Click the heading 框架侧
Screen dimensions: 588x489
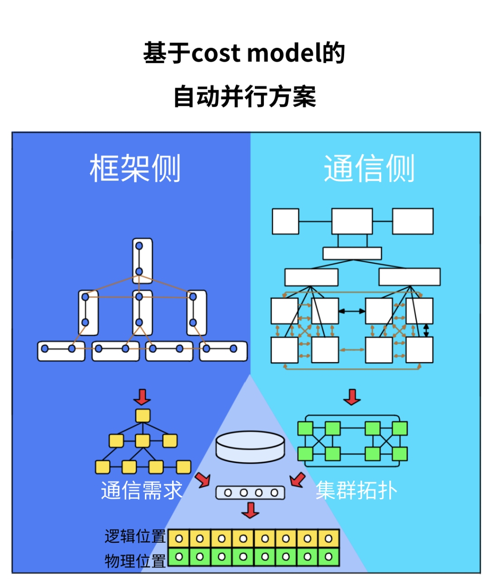tap(135, 168)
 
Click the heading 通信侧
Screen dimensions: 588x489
tap(369, 168)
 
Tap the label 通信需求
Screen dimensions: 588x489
tap(141, 491)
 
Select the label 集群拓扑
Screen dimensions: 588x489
tap(356, 491)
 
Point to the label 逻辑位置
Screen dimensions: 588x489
tap(135, 536)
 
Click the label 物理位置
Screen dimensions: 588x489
tap(135, 561)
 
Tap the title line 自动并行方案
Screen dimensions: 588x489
tap(244, 96)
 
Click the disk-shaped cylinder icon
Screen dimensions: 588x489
tap(250, 446)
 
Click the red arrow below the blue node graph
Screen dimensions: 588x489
tap(142, 397)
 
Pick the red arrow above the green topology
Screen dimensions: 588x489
tap(352, 397)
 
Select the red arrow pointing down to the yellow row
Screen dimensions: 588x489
tap(250, 511)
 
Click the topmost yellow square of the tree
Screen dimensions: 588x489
tap(143, 416)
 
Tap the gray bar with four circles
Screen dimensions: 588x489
tap(250, 492)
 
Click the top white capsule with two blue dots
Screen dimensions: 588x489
tap(142, 260)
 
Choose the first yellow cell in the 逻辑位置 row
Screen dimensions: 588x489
tap(179, 539)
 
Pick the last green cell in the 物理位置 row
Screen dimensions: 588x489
tap(329, 557)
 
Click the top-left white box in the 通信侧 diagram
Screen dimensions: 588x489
tap(285, 221)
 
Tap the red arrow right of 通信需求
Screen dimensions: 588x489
tap(203, 479)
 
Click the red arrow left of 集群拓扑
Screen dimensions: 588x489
tap(297, 479)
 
